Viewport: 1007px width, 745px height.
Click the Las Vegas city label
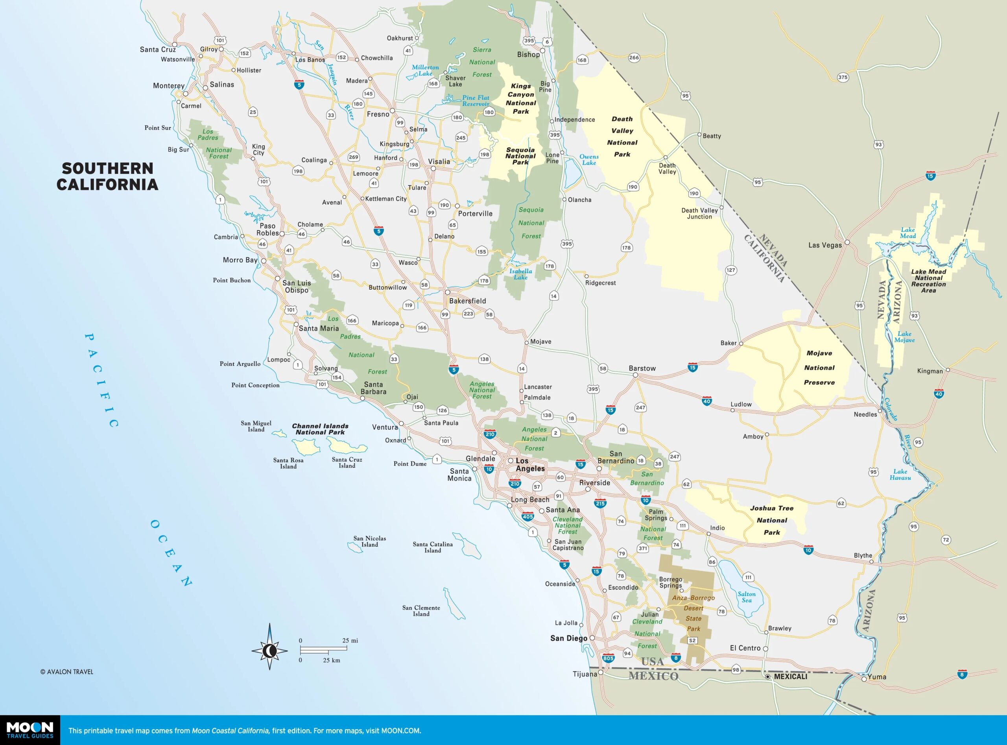coord(824,245)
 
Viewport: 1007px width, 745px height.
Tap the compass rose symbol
coord(269,650)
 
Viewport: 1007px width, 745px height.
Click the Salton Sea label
coord(747,597)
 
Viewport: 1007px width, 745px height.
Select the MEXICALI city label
coord(790,677)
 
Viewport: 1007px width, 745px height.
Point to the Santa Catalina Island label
coord(432,547)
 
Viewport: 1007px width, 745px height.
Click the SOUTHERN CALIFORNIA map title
coord(107,176)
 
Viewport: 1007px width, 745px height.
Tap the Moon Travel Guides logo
coord(30,730)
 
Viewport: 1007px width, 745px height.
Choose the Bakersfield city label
coord(467,301)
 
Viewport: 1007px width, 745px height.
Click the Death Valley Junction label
coord(699,213)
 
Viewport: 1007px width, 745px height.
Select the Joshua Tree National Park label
coord(772,520)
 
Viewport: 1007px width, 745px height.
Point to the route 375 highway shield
coord(843,77)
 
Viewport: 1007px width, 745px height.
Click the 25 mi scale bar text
coord(350,640)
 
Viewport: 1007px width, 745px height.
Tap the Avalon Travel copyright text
coord(67,671)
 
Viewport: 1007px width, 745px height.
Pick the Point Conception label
coord(255,385)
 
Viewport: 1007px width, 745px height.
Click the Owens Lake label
coord(589,160)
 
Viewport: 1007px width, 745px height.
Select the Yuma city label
coord(877,677)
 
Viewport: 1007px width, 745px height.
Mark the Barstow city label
coord(642,368)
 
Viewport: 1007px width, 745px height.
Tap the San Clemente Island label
coord(421,611)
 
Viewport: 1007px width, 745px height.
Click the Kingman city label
coord(930,371)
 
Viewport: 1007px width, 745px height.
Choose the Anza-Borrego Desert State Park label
coord(693,613)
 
